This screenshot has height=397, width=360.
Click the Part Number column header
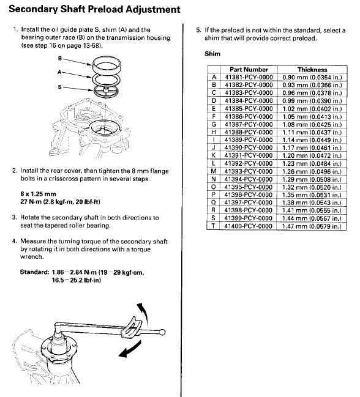(248, 70)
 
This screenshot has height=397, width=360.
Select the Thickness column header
(312, 70)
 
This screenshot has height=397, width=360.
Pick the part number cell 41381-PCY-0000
(248, 77)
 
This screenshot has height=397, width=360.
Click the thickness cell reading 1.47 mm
(312, 226)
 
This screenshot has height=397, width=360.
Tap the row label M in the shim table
(214, 171)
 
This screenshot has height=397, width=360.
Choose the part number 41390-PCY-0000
(248, 147)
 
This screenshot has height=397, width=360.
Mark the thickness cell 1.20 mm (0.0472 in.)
(312, 155)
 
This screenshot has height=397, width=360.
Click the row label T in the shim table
(214, 226)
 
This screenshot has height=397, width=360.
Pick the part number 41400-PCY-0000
(248, 226)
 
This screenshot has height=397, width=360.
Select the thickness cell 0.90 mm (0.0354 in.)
(312, 77)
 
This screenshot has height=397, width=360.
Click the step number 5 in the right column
(198, 29)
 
